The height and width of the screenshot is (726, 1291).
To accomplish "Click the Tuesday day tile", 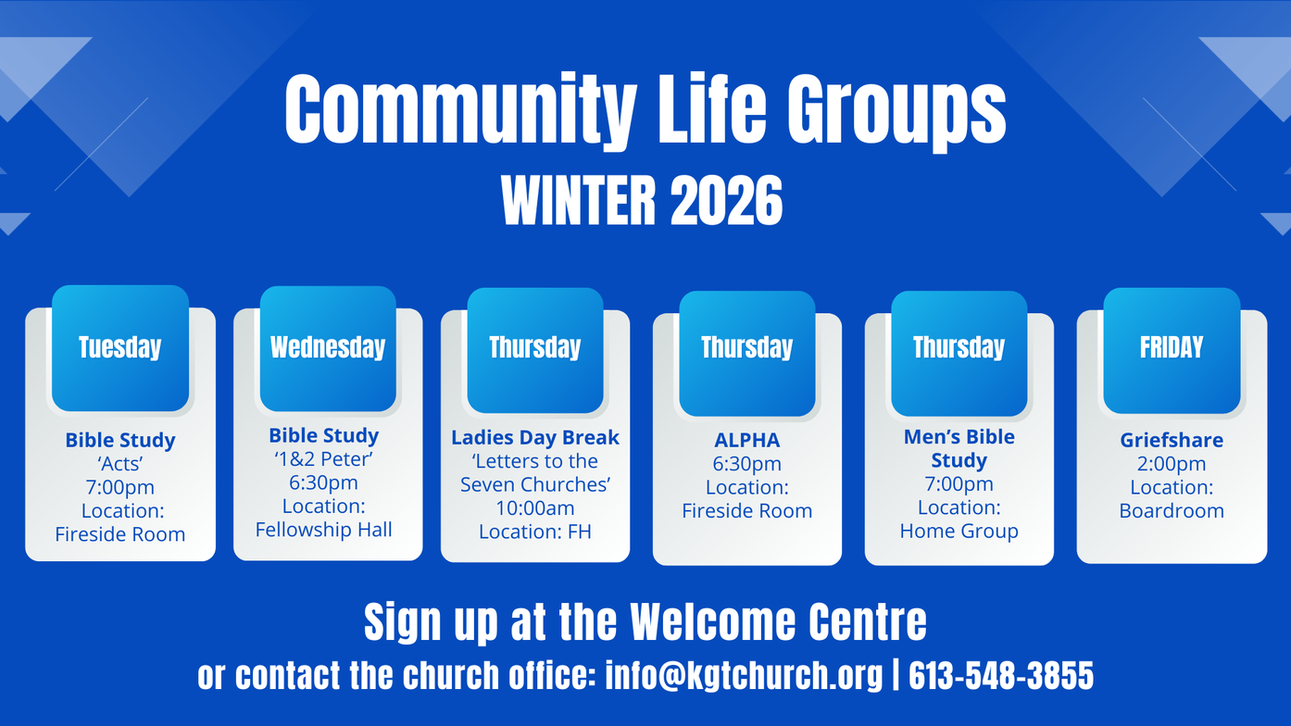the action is click(x=120, y=348).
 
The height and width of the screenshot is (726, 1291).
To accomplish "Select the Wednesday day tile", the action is click(x=328, y=348).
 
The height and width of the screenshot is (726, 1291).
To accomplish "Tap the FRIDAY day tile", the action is click(x=1172, y=350).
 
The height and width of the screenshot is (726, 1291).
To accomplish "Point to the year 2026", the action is click(x=727, y=200).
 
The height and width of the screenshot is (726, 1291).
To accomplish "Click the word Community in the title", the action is click(x=461, y=110).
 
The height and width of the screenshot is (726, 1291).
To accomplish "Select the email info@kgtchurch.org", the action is click(x=744, y=675).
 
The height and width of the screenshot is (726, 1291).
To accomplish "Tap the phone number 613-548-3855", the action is click(x=1001, y=675).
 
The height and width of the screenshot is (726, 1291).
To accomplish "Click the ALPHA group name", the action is click(x=747, y=440).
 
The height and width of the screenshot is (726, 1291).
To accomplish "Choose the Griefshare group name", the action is click(x=1172, y=440).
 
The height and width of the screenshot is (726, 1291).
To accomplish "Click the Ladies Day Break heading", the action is click(x=535, y=438).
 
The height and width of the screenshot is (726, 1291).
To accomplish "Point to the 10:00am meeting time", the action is click(x=535, y=508).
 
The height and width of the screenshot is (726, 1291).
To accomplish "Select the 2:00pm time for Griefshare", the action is click(x=1172, y=464).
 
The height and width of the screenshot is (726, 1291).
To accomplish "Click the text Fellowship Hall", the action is click(x=324, y=530).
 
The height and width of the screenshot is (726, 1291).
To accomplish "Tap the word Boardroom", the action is click(x=1172, y=510).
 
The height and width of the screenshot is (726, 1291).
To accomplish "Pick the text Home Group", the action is click(x=959, y=531).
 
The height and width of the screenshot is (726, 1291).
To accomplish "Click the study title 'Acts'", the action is click(x=120, y=463).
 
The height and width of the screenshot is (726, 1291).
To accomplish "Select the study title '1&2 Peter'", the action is click(x=324, y=459).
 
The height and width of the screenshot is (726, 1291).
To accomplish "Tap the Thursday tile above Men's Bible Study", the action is click(x=959, y=353).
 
